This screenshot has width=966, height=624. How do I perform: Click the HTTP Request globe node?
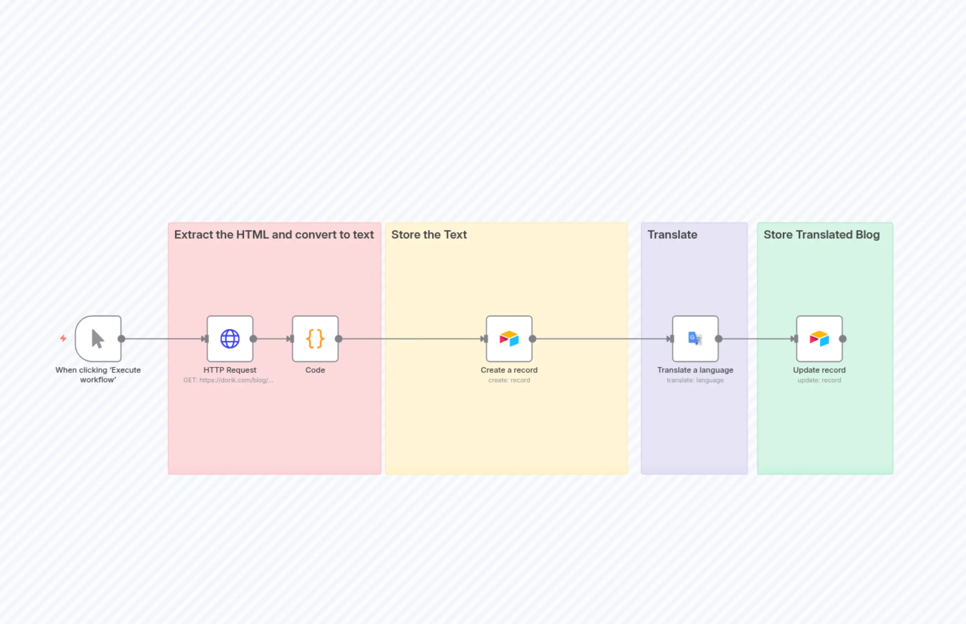point(230,339)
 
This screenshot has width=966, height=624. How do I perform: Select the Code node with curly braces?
point(315,339)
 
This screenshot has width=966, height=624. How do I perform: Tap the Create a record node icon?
point(509,339)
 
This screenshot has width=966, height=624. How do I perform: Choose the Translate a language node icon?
point(695,339)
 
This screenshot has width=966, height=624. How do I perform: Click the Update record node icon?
point(819,339)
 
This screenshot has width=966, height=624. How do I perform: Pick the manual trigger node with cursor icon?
point(98,339)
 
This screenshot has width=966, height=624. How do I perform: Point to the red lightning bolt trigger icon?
point(63,338)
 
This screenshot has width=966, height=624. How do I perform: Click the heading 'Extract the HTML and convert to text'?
point(274,235)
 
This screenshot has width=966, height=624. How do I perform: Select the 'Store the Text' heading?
point(429,235)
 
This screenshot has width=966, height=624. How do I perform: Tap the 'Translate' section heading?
point(672,235)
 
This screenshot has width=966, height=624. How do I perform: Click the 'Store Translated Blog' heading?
point(821,235)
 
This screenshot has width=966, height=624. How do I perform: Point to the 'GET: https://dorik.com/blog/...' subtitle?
point(228,380)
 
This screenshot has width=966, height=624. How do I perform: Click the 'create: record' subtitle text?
point(509,380)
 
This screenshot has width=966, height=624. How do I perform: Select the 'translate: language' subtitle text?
point(695,380)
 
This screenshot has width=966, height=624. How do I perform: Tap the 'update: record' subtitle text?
point(819,380)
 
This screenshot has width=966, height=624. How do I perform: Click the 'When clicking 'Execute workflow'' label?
point(98,374)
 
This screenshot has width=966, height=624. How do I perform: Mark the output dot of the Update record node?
point(843,339)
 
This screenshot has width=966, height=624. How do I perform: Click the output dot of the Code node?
point(339,339)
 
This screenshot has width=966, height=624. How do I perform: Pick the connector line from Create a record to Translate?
point(600,339)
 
